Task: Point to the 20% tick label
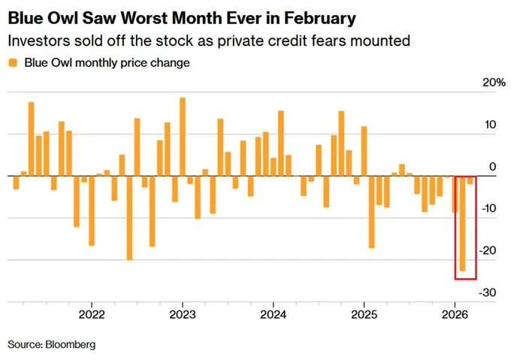tap(492, 83)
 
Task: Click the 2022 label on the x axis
tap(92, 313)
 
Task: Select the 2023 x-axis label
tap(183, 313)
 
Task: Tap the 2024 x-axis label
tap(274, 313)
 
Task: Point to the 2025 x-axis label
tap(364, 313)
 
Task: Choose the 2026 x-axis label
tap(455, 313)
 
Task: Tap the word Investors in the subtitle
tap(36, 41)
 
